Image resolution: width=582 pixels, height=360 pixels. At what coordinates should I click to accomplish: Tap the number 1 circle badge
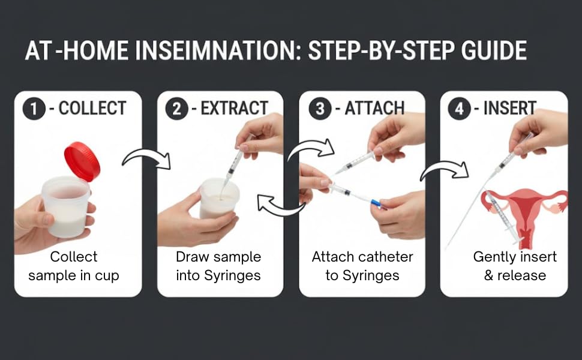(34, 109)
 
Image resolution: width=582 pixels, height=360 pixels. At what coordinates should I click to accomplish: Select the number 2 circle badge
(176, 109)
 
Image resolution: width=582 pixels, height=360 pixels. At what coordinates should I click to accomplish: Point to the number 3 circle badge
(320, 109)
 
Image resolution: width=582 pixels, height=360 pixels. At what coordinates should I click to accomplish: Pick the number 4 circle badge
(459, 109)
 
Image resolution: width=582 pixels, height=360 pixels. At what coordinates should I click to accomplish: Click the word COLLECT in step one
(92, 109)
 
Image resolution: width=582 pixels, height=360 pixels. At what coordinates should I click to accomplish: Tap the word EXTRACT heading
(234, 109)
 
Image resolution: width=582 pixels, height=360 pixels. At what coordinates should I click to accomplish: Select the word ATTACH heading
(374, 109)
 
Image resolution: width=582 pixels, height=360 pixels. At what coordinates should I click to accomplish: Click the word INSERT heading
(509, 109)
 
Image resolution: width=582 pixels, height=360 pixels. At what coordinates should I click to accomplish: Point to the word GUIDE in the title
(494, 50)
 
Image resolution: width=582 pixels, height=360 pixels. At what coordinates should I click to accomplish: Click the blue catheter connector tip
(375, 203)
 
